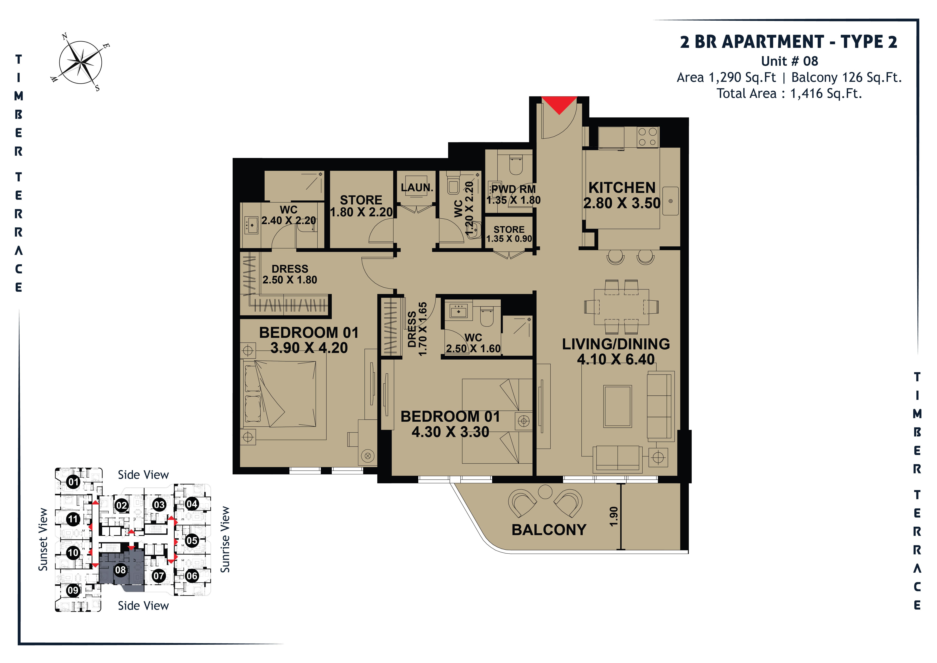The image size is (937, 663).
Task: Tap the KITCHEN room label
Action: tap(622, 188)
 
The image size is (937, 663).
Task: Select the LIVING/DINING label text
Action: tap(616, 344)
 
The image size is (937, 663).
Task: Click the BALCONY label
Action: tap(549, 530)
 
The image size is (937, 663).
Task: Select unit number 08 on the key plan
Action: tap(120, 570)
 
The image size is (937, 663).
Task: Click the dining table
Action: tap(621, 307)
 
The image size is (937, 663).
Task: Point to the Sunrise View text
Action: tap(225, 540)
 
